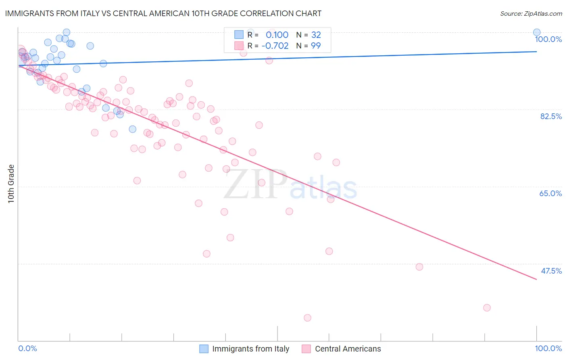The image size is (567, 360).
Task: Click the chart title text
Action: pos(163,13)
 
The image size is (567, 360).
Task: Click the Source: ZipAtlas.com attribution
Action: pos(531,13)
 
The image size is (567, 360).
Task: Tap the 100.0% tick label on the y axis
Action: pos(548,39)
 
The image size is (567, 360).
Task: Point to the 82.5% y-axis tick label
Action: pos(551,116)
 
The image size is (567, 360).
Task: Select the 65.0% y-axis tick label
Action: pos(550,193)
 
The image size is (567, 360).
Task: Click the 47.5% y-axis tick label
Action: pos(551,271)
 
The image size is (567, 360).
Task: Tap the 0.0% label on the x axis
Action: pos(28,348)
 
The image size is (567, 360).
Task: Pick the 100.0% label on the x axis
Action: pos(548,348)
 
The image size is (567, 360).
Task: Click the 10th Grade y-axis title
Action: pos(11,184)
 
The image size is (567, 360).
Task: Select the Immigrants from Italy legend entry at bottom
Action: pos(250,349)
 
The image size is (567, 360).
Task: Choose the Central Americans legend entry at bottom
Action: pos(348,349)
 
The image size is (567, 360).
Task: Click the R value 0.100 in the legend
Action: pos(277,35)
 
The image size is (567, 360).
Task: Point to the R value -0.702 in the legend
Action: pos(275,46)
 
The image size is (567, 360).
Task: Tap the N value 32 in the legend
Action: pos(316,35)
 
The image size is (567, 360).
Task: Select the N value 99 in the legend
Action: pos(316,46)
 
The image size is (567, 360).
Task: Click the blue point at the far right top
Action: pos(537,32)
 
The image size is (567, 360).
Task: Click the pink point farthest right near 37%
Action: pos(487,308)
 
